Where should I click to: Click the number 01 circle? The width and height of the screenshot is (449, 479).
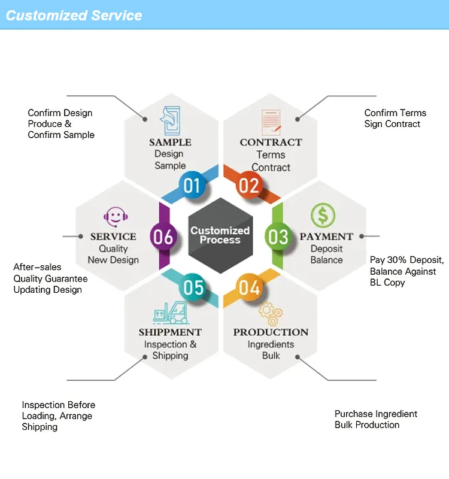coord(192,186)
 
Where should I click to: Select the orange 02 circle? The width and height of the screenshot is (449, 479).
coord(248,186)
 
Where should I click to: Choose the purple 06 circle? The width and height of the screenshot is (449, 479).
coord(163,237)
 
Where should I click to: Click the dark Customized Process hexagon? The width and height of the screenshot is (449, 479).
coord(220,235)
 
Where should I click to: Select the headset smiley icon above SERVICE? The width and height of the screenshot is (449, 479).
coord(113,216)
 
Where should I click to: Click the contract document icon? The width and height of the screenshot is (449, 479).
coord(271,122)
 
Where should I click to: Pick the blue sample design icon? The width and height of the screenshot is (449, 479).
coord(170,120)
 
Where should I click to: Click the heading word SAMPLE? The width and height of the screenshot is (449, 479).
coord(170,143)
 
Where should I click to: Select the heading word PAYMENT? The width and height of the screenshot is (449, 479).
coord(326,237)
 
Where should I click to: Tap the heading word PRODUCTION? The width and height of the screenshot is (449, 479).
coord(271,332)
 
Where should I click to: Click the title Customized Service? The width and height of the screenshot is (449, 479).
coord(74,16)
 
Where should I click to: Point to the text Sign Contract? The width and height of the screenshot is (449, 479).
coord(392,124)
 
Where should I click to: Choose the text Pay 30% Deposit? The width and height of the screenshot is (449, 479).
coord(406,260)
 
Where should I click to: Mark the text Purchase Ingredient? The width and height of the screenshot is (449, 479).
coord(375,414)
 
